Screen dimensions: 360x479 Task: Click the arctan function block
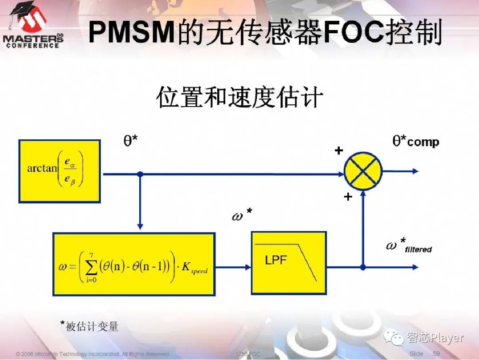(59, 171)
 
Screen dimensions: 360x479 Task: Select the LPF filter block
(288, 262)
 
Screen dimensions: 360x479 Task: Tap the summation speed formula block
(134, 264)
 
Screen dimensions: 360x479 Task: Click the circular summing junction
(363, 171)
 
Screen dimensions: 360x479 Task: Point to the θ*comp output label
(416, 142)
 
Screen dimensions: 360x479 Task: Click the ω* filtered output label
(408, 246)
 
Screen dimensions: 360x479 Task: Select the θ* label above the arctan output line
(130, 141)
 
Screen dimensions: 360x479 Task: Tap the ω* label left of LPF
(242, 215)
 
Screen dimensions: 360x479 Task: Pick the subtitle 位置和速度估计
(239, 98)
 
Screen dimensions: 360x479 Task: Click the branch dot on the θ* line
(140, 174)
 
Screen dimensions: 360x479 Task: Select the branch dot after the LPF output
(363, 267)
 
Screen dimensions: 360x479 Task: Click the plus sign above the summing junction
(339, 151)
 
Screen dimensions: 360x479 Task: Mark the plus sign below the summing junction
(348, 196)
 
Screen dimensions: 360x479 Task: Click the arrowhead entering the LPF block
(247, 267)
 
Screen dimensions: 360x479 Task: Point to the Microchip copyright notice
(93, 354)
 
